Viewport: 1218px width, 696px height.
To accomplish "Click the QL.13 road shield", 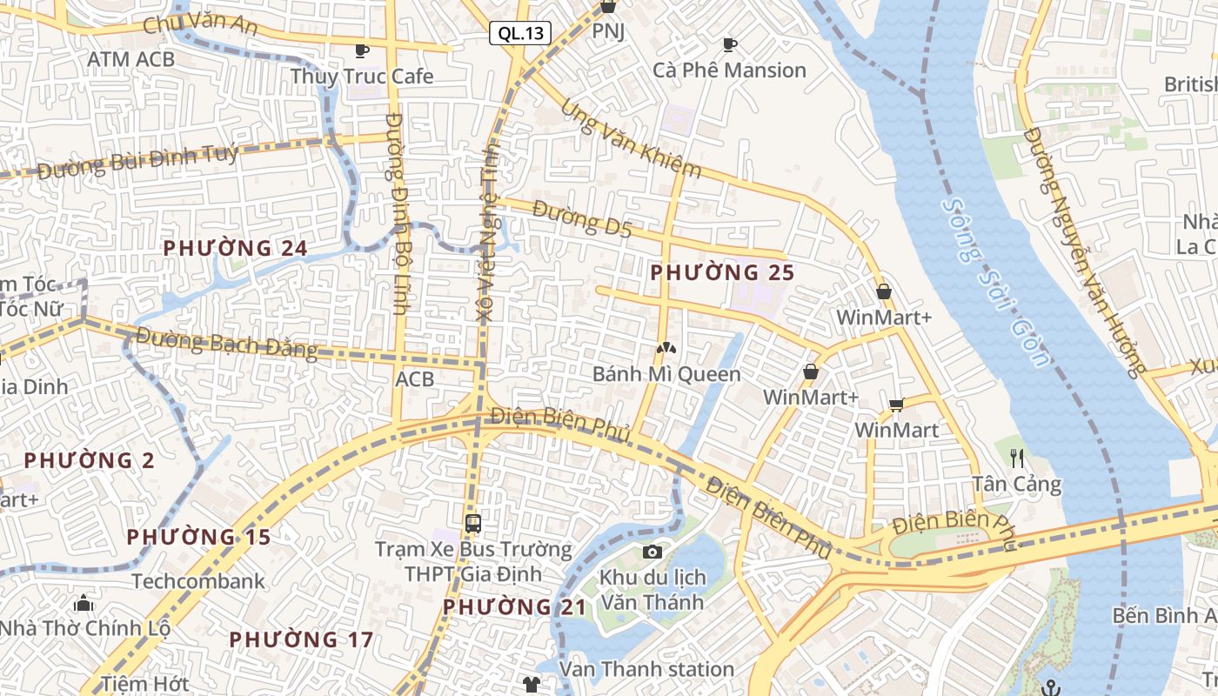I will pyautogui.click(x=520, y=34).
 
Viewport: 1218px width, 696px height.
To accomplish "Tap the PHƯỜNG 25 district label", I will pyautogui.click(x=722, y=272).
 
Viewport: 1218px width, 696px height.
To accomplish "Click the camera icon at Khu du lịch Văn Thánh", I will pyautogui.click(x=652, y=552).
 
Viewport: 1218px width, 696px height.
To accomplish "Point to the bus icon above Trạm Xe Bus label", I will pyautogui.click(x=473, y=524).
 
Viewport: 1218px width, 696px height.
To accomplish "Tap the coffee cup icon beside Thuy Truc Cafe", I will pyautogui.click(x=362, y=50).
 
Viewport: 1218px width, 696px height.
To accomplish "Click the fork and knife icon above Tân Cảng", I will pyautogui.click(x=1017, y=458).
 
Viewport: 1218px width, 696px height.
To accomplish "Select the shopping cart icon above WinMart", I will pyautogui.click(x=896, y=405).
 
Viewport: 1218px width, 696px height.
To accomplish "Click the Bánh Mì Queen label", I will pyautogui.click(x=666, y=374).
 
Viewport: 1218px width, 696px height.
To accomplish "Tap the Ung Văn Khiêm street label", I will pyautogui.click(x=631, y=138).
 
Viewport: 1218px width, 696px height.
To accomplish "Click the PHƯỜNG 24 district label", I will pyautogui.click(x=235, y=249).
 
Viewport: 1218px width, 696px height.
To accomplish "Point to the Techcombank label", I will pyautogui.click(x=198, y=581).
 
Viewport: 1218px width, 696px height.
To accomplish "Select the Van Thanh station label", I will pyautogui.click(x=646, y=669).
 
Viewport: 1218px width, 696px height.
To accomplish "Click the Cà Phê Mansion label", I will pyautogui.click(x=729, y=70).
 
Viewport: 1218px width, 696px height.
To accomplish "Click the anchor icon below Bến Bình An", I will pyautogui.click(x=1052, y=688).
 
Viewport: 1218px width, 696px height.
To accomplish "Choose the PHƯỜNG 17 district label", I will pyautogui.click(x=301, y=640).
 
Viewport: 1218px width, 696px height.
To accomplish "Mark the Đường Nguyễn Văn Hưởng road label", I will pyautogui.click(x=1082, y=252).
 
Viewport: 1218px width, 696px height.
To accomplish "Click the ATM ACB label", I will pyautogui.click(x=131, y=59).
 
